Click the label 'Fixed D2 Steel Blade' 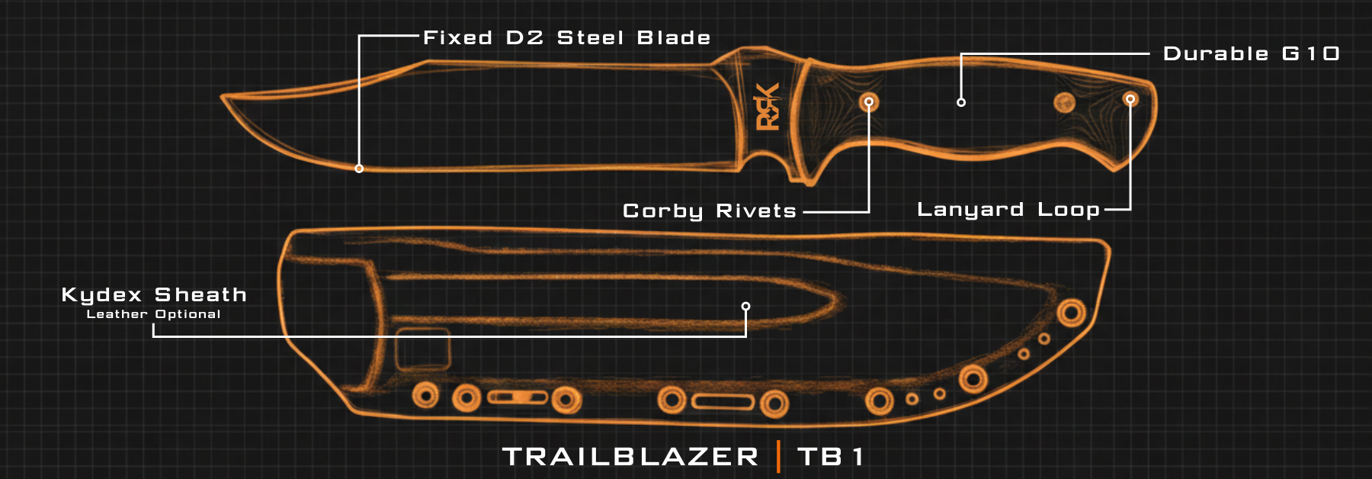(566, 38)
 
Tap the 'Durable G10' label (1251, 54)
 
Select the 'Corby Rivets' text (709, 211)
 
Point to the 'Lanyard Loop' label (1008, 210)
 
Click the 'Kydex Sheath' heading (154, 295)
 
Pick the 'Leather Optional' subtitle (153, 314)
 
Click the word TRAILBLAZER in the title (630, 457)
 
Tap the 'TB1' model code (831, 457)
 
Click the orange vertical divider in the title (778, 457)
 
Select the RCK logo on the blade (768, 107)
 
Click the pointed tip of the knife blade (224, 97)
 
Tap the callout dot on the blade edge (359, 169)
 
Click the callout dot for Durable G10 (961, 102)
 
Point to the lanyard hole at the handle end (1130, 99)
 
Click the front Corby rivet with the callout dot (869, 101)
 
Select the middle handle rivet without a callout (1064, 102)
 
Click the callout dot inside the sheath (745, 307)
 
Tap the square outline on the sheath (422, 349)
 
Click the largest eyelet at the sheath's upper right (1071, 312)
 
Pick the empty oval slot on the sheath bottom (723, 401)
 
